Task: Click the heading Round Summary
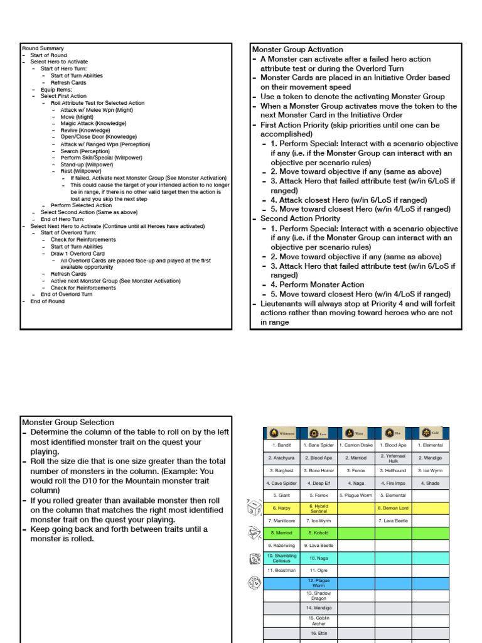[x=43, y=48]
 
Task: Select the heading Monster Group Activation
[x=297, y=50]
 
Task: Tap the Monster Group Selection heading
[x=68, y=423]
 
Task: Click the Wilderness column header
[x=282, y=433]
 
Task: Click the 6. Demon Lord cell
[x=394, y=508]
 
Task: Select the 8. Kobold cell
[x=319, y=532]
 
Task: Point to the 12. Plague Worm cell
[x=319, y=583]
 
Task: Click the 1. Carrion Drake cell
[x=356, y=445]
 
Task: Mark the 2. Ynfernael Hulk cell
[x=394, y=458]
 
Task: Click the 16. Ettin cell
[x=319, y=634]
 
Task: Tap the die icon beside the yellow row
[x=254, y=507]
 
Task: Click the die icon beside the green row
[x=254, y=532]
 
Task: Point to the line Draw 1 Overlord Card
[x=78, y=254]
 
